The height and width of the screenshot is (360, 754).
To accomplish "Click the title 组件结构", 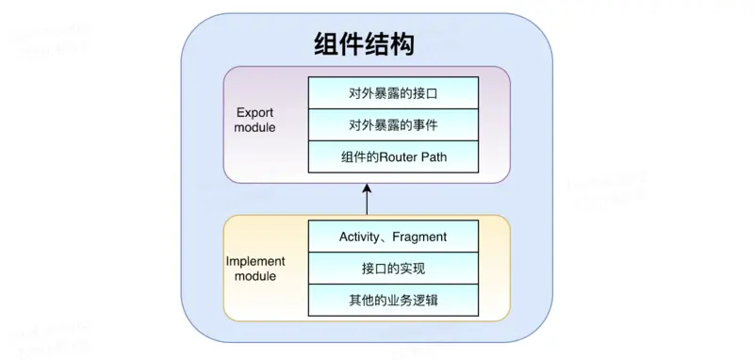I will pos(364,44).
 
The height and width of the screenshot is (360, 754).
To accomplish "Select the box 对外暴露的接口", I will pos(393,93).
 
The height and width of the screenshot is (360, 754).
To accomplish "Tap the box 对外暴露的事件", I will pos(393,124).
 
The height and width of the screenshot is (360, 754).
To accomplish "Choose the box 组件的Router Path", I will pos(393,156).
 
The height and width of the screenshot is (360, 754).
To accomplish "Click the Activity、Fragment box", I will pos(393,237).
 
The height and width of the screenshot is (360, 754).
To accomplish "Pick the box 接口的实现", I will pos(393,269).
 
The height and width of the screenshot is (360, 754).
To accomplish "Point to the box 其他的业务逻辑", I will pos(393,301).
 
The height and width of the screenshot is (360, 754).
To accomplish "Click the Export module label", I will pos(255,120).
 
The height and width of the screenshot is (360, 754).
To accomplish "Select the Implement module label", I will pos(256,268).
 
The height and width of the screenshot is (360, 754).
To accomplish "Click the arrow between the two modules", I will pos(367,201).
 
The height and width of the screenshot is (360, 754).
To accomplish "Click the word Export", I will pos(254,112).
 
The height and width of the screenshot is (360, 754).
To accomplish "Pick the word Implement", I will pos(256,260).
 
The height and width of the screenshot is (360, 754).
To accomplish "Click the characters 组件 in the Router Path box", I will pos(351,156).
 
